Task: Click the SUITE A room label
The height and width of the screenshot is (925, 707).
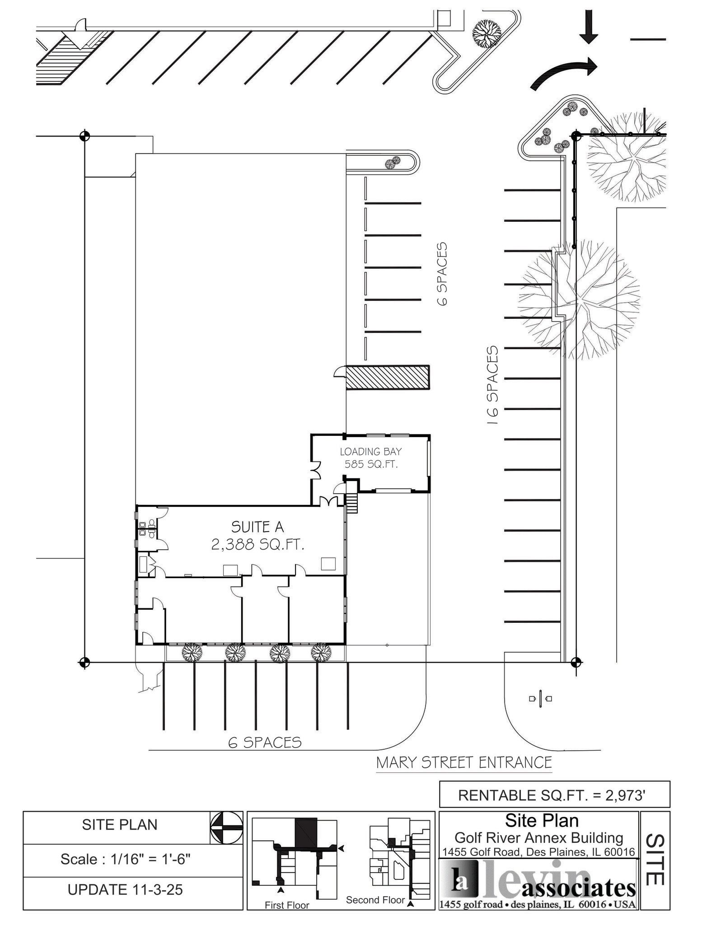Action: [x=258, y=527]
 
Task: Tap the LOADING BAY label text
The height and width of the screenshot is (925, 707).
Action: [x=370, y=451]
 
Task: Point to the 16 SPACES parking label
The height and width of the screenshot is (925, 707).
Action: [x=492, y=385]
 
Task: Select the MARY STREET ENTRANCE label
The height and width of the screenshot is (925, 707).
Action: [x=464, y=762]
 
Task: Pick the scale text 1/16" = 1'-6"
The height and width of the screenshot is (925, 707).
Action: [x=126, y=859]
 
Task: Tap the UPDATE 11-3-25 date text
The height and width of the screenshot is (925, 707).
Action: [x=125, y=889]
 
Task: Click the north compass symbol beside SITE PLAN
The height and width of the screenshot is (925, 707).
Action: [x=227, y=827]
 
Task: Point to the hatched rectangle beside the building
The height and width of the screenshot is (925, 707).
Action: [x=388, y=377]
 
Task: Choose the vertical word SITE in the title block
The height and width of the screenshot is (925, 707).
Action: [x=655, y=859]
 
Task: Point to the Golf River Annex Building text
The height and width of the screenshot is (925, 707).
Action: [x=538, y=838]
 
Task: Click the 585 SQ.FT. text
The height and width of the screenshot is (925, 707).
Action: [x=371, y=464]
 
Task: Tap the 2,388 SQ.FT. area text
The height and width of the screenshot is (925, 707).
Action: [x=258, y=545]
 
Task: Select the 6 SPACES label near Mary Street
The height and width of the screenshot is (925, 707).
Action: [x=265, y=743]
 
